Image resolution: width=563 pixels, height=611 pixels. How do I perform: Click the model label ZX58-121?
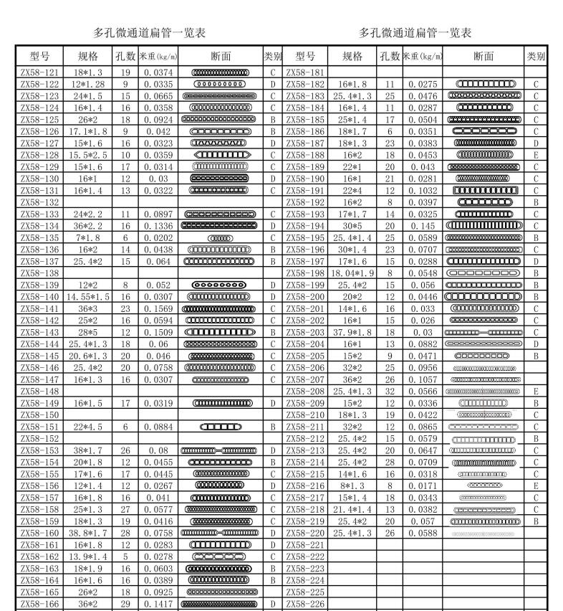click(x=39, y=72)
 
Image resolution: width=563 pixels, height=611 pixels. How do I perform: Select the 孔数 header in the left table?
click(x=125, y=56)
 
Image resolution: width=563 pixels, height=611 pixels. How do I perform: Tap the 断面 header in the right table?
click(x=483, y=56)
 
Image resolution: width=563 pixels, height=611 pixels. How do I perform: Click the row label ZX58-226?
click(x=305, y=605)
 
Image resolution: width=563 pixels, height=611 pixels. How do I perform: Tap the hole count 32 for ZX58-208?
click(x=390, y=391)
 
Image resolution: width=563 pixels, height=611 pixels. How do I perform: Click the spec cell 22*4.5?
click(x=85, y=427)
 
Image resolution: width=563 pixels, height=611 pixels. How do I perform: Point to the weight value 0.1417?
click(x=157, y=605)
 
